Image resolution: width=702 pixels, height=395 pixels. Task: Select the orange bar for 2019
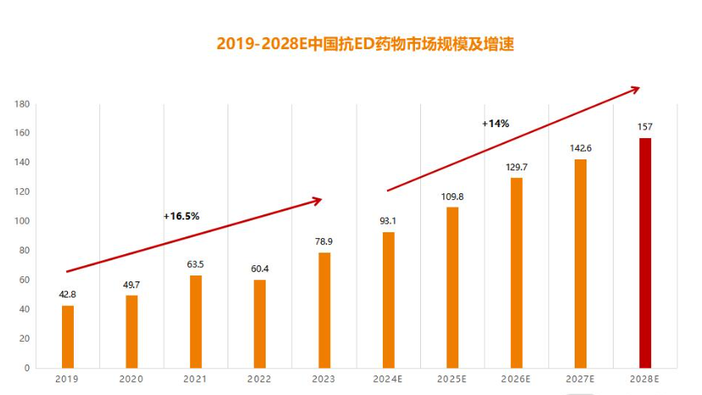[68, 337]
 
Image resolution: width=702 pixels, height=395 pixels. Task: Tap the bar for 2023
[324, 309]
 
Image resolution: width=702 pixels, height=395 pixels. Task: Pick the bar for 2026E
[516, 272]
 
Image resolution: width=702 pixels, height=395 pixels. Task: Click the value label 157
[645, 127]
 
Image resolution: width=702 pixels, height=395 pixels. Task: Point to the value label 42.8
[68, 294]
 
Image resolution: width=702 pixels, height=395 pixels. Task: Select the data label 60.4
[260, 269]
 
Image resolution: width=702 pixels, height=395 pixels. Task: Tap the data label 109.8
[452, 197]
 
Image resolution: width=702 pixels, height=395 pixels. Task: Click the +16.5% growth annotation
[182, 216]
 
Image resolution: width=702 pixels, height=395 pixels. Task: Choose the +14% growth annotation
[496, 124]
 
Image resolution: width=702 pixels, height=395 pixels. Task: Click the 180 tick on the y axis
[22, 104]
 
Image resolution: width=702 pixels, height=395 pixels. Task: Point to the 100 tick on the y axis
[22, 221]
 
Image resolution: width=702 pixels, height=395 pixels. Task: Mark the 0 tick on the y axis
[26, 368]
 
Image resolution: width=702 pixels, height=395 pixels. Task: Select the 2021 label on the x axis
[195, 380]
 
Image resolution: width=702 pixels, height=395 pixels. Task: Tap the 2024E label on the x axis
[388, 380]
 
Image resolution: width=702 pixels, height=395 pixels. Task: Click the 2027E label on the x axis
[581, 380]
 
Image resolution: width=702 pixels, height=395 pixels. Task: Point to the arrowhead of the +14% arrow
[635, 88]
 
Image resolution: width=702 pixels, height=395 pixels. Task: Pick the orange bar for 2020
[132, 331]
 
